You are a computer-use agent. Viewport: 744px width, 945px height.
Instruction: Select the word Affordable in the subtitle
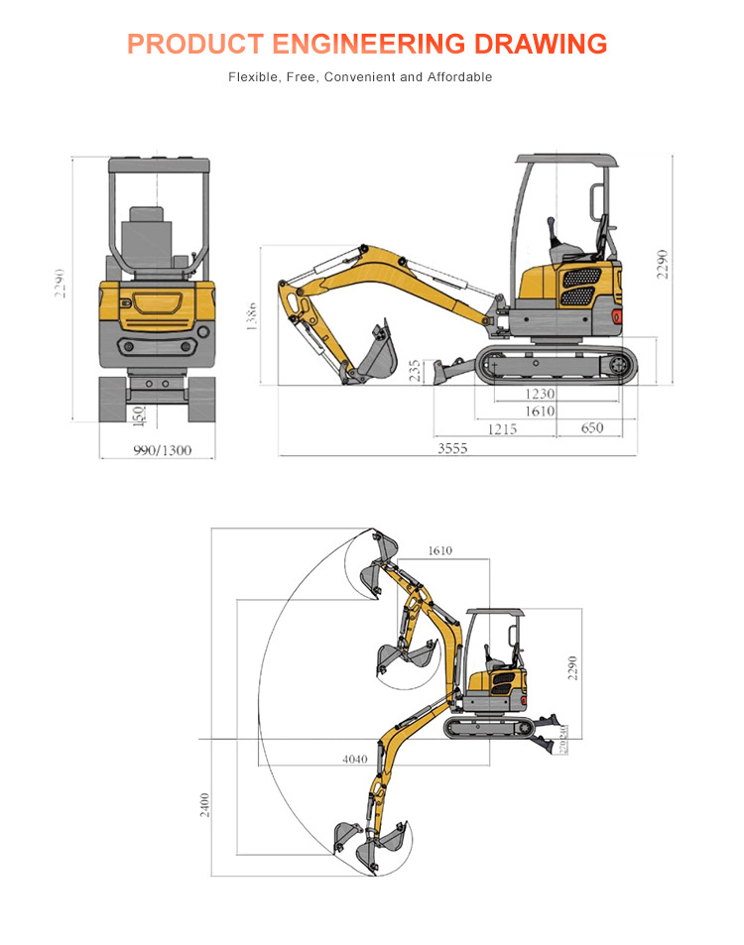tap(459, 76)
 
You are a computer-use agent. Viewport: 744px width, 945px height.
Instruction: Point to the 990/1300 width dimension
tap(162, 451)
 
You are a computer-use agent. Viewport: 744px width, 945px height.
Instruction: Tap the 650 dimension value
tap(591, 428)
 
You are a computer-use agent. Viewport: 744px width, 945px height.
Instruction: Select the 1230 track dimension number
tap(540, 394)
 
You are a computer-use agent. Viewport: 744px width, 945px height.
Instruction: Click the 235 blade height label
tap(415, 371)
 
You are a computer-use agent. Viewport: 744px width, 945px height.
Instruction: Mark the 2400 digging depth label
tap(203, 804)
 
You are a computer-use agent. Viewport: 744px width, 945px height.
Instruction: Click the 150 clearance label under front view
tap(137, 415)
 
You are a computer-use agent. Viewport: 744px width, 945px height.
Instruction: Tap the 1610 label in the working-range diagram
tap(439, 550)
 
